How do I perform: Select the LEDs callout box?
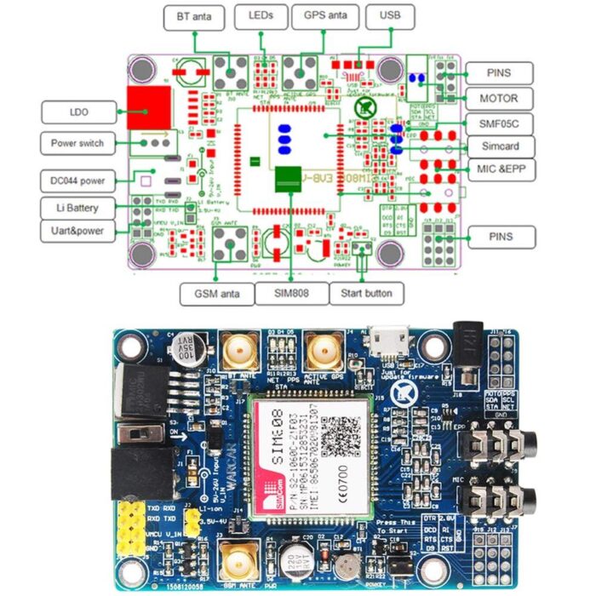point(261,15)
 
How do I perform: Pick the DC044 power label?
point(76,181)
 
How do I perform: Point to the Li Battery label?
point(76,208)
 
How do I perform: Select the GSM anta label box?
point(217,294)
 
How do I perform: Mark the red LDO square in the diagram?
point(145,107)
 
